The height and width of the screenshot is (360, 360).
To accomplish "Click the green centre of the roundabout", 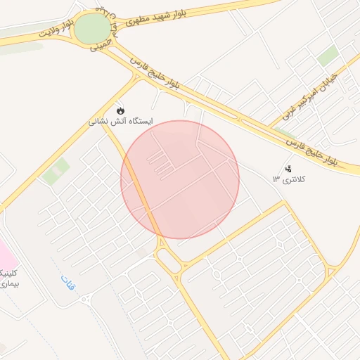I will pyautogui.click(x=92, y=29).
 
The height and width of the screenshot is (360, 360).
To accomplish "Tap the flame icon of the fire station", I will pyautogui.click(x=121, y=111).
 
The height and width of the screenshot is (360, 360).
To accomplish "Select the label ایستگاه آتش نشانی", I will pyautogui.click(x=120, y=122).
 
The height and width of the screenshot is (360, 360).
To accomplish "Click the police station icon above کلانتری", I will pyautogui.click(x=288, y=168).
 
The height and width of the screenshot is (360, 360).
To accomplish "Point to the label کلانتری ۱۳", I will pyautogui.click(x=295, y=179).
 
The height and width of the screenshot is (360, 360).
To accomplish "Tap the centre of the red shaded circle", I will pyautogui.click(x=180, y=180).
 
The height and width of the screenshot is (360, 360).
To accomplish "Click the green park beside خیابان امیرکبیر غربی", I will pyautogui.click(x=327, y=57).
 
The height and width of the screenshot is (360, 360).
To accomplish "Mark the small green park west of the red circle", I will pyautogui.click(x=56, y=172).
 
